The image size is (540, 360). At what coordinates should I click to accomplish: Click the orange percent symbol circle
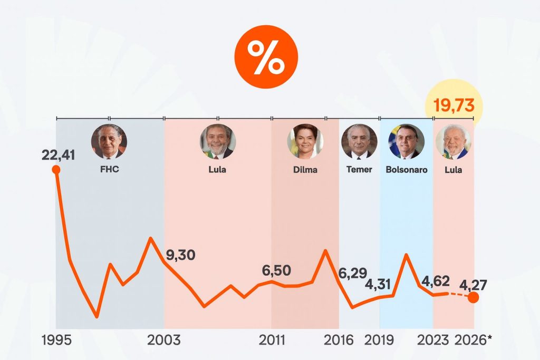click(x=266, y=57)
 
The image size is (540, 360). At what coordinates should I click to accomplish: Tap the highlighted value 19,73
click(x=454, y=105)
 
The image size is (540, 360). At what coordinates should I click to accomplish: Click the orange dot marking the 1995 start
click(x=56, y=170)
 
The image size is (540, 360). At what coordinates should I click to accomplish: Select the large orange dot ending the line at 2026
click(x=473, y=297)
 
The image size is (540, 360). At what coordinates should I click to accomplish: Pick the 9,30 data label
click(x=180, y=255)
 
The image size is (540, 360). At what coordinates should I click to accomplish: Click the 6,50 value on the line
click(x=276, y=270)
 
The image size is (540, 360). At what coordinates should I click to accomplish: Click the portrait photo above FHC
click(x=109, y=142)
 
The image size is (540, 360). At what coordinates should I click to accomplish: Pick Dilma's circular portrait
click(x=305, y=142)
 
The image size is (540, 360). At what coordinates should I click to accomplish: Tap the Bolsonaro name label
click(x=407, y=170)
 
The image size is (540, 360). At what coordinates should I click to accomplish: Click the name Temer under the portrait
click(x=359, y=170)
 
